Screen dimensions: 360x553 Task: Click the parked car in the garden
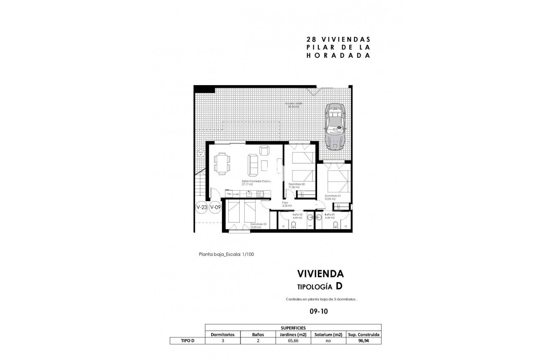click(336, 126)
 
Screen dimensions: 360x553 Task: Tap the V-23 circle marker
click(202, 207)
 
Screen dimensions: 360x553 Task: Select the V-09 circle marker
click(215, 207)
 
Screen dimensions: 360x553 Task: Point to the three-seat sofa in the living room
click(253, 165)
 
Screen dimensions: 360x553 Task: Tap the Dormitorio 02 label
click(297, 184)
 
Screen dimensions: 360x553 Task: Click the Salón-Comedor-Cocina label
click(256, 181)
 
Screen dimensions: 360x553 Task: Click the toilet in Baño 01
click(335, 225)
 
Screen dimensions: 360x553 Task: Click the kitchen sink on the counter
click(249, 194)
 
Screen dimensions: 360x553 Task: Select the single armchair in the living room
click(264, 150)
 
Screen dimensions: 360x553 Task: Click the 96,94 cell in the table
click(364, 341)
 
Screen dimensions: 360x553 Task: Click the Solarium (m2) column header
click(328, 334)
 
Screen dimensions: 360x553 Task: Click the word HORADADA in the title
click(338, 55)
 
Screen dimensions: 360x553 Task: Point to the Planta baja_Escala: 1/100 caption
click(227, 254)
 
